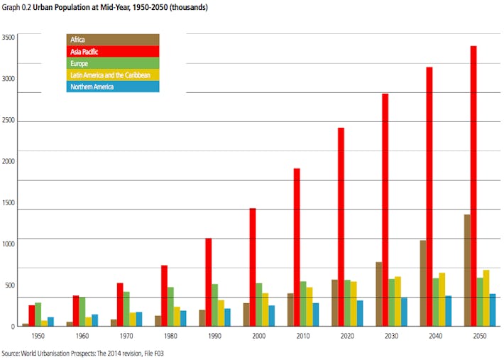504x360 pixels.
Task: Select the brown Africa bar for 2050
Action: [x=466, y=270]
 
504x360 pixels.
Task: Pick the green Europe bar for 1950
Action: [x=38, y=314]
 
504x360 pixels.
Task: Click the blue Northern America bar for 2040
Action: [x=448, y=311]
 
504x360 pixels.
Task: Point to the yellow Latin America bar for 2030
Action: [x=398, y=301]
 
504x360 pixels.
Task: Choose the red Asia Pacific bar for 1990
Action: [x=209, y=282]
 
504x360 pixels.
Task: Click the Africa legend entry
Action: [x=113, y=40]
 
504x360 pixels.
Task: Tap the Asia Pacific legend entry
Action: [x=113, y=52]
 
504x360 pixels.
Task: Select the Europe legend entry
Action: [x=113, y=63]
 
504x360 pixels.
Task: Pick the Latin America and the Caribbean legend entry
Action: [x=113, y=75]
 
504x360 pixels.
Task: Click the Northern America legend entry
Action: [x=113, y=87]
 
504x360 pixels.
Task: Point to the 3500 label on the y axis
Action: [x=8, y=37]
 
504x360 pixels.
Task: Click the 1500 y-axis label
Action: [x=8, y=202]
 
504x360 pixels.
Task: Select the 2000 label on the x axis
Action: [x=258, y=335]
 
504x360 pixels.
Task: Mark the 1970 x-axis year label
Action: [x=126, y=335]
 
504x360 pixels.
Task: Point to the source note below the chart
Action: [x=87, y=352]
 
